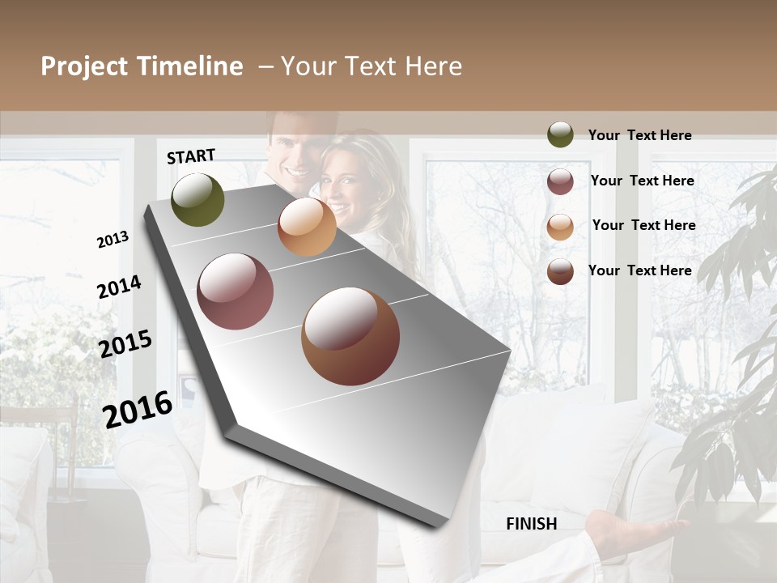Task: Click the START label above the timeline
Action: point(191,156)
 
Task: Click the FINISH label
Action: point(531,524)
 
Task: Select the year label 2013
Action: point(113,240)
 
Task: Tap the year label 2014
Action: point(119,287)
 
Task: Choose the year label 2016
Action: point(138,410)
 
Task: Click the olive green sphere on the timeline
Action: point(197,200)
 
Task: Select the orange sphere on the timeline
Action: point(307,227)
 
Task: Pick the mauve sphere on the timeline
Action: point(236,291)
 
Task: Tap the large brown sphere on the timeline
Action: point(350,336)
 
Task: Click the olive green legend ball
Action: point(560,134)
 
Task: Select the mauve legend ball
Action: point(560,181)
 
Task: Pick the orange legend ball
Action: point(560,227)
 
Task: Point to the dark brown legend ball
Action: point(560,271)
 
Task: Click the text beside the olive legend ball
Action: point(639,135)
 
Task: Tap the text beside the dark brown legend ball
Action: point(639,270)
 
